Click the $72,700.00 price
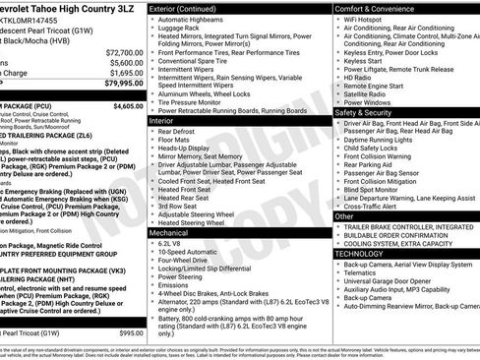tap(123, 51)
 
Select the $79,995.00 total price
tap(123, 83)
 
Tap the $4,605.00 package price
tap(127, 105)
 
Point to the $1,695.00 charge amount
tap(125, 72)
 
